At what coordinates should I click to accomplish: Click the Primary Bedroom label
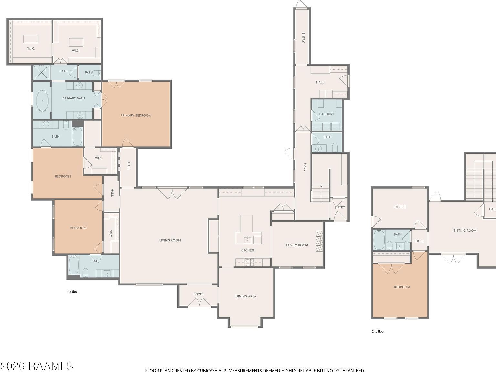[136, 115]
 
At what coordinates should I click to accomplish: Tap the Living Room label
[170, 240]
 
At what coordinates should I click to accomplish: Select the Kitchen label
[247, 250]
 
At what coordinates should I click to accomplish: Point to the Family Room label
[297, 245]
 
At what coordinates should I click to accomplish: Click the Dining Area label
[246, 296]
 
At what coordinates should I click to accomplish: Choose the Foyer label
[199, 294]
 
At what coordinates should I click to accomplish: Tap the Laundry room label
[326, 114]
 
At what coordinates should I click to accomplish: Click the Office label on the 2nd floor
[400, 207]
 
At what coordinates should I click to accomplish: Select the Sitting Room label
[465, 231]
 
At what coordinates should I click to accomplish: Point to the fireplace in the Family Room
[319, 241]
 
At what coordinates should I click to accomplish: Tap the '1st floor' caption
[73, 292]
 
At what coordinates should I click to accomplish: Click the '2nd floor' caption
[378, 331]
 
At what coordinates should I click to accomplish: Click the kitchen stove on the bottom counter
[249, 262]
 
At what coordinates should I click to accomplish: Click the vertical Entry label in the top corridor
[303, 37]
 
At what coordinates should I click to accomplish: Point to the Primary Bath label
[74, 98]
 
